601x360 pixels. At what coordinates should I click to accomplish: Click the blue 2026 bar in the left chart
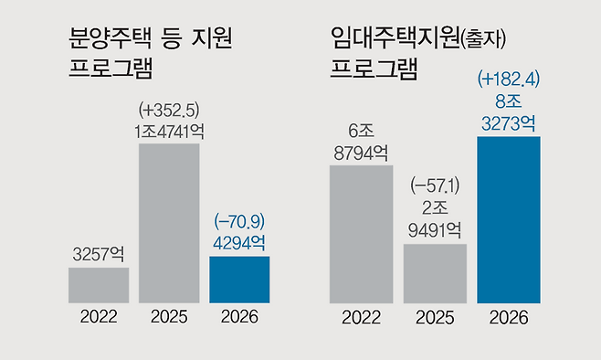239,279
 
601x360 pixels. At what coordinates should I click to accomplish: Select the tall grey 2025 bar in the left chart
169,223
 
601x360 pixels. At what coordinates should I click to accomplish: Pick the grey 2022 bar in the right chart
361,233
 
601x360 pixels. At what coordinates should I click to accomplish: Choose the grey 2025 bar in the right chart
435,272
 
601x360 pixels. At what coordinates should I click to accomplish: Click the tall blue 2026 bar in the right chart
509,219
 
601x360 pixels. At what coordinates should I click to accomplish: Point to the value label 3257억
99,253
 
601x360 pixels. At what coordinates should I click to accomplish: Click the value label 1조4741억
169,131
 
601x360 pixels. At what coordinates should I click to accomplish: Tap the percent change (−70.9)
239,222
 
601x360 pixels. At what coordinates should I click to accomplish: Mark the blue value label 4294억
239,242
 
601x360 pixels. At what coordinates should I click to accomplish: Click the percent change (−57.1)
435,187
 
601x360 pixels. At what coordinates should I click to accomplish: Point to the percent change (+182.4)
509,79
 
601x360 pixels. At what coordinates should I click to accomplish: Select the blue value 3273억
509,122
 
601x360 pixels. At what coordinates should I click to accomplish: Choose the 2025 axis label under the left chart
169,318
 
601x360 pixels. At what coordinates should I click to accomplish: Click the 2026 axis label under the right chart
509,318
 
